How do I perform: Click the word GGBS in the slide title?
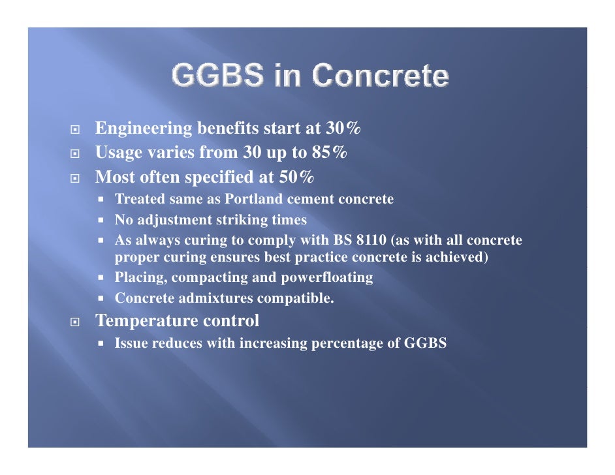pos(208,77)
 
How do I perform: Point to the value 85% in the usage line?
pos(329,153)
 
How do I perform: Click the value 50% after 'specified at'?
pos(296,177)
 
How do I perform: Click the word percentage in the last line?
pos(355,343)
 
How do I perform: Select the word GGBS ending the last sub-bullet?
pos(426,343)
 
